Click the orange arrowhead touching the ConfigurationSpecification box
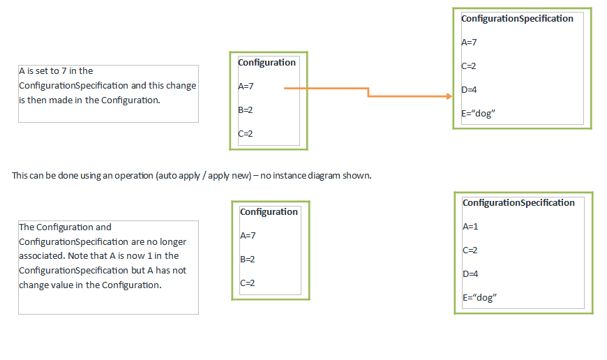[449, 96]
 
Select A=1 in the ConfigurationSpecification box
[470, 227]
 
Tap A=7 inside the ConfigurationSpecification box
[469, 42]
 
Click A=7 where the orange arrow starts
[246, 87]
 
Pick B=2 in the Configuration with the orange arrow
[246, 110]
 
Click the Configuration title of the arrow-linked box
[267, 63]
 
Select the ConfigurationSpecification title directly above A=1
[518, 203]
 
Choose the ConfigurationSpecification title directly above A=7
[517, 19]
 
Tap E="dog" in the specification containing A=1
[479, 298]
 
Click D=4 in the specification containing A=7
[469, 90]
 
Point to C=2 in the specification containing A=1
[470, 250]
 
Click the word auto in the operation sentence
[167, 176]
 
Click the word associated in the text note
[42, 256]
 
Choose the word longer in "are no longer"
[172, 242]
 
